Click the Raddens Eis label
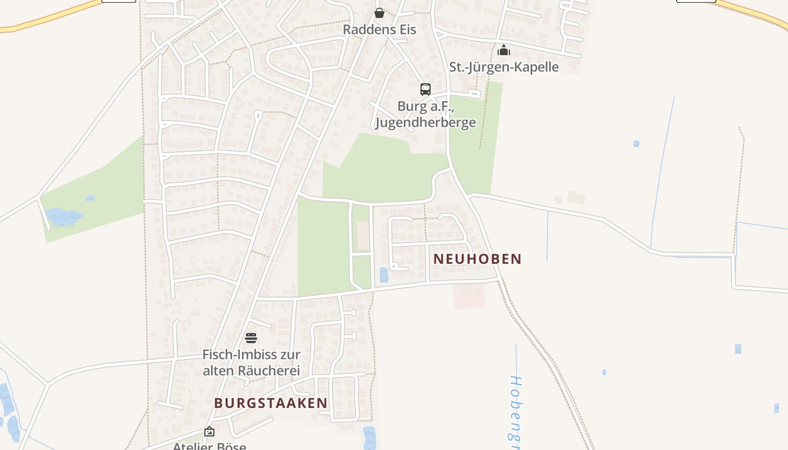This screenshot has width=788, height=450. [379, 30]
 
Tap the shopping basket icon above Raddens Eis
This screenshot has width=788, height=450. [379, 13]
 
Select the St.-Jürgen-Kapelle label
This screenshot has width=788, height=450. [504, 67]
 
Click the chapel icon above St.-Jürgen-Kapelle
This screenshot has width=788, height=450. [504, 51]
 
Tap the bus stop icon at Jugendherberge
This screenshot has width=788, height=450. [426, 89]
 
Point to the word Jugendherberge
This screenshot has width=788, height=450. [426, 122]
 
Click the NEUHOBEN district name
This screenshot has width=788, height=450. [477, 259]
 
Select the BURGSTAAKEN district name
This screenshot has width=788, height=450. [271, 403]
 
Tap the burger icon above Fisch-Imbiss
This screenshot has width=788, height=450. [251, 338]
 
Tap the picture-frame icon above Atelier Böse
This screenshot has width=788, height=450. [209, 432]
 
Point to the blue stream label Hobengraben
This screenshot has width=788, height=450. [515, 405]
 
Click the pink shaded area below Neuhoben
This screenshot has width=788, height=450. [469, 296]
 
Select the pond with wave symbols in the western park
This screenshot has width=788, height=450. [62, 216]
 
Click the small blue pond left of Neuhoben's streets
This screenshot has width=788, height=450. [384, 275]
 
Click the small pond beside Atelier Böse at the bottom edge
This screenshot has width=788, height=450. [369, 438]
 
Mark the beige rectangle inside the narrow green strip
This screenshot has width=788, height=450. [364, 236]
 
